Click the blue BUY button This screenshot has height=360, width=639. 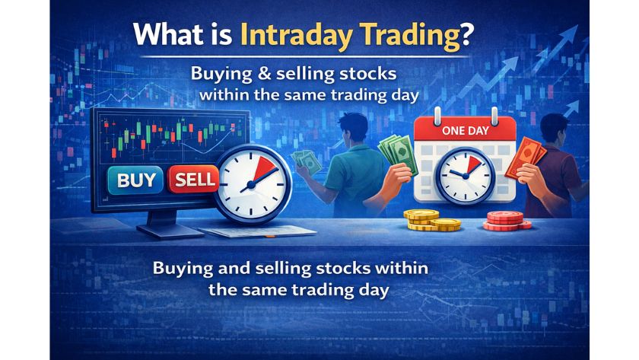point(136,180)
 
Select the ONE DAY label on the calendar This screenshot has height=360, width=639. point(465,131)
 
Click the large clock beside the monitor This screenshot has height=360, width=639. point(250,183)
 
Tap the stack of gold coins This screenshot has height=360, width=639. point(431,221)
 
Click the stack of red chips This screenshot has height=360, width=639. point(506,220)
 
